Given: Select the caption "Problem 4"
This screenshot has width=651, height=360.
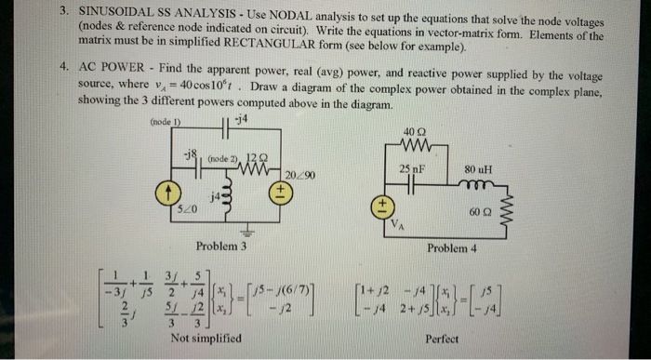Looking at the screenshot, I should pos(452,249).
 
